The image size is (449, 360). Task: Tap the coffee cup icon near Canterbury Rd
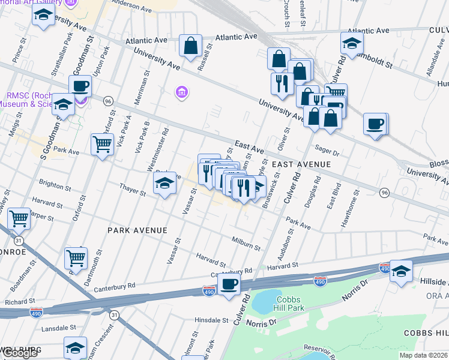point(229,284)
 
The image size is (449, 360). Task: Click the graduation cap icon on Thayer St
point(164,183)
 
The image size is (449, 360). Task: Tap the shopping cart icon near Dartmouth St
point(76,258)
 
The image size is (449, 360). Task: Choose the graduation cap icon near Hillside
point(400,271)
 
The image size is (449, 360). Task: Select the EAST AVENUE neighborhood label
point(301,164)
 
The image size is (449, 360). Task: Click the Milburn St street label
point(246,244)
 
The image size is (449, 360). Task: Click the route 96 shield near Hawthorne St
point(385,192)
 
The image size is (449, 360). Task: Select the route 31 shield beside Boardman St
point(19,240)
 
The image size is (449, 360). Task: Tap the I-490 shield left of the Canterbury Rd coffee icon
point(209,291)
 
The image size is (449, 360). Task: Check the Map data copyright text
point(424,355)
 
